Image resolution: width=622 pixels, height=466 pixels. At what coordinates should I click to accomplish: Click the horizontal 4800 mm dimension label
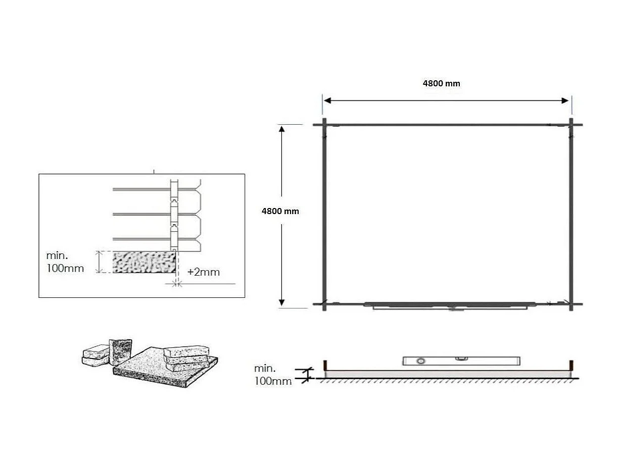click(441, 84)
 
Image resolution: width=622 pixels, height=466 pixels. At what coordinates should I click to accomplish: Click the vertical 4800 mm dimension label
click(280, 212)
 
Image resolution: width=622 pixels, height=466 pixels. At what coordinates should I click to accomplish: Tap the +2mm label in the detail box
click(204, 272)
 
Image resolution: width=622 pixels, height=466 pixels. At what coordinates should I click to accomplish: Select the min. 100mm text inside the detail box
click(65, 262)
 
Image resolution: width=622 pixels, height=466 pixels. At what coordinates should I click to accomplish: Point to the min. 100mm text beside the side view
click(273, 375)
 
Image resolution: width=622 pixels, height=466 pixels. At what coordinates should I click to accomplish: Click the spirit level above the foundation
click(461, 360)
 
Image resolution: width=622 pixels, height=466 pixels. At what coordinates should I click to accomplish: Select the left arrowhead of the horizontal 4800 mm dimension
click(327, 100)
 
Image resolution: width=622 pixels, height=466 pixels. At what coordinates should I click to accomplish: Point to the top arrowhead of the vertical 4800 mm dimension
click(282, 128)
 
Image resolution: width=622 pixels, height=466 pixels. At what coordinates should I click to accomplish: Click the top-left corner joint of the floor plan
click(324, 125)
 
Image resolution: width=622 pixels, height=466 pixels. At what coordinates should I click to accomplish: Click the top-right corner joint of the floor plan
click(571, 125)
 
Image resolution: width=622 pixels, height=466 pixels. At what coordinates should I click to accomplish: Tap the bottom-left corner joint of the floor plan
click(324, 304)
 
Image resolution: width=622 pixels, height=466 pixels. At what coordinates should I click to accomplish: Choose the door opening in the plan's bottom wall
click(449, 305)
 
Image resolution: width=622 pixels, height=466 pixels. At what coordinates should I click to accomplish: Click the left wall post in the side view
click(325, 365)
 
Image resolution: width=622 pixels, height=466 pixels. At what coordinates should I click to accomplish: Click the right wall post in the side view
click(571, 365)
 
